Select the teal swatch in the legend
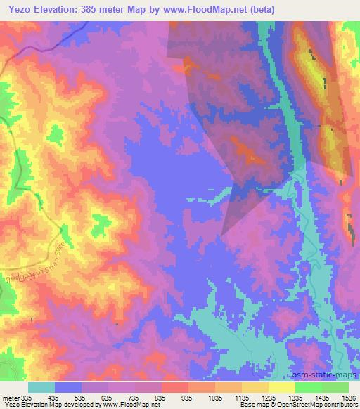[41, 387]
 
